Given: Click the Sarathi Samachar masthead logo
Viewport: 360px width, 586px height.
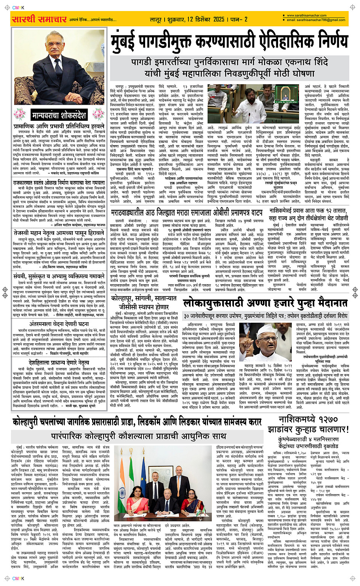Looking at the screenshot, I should point(40,19).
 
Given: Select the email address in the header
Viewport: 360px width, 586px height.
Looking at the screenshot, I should point(316,20).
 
